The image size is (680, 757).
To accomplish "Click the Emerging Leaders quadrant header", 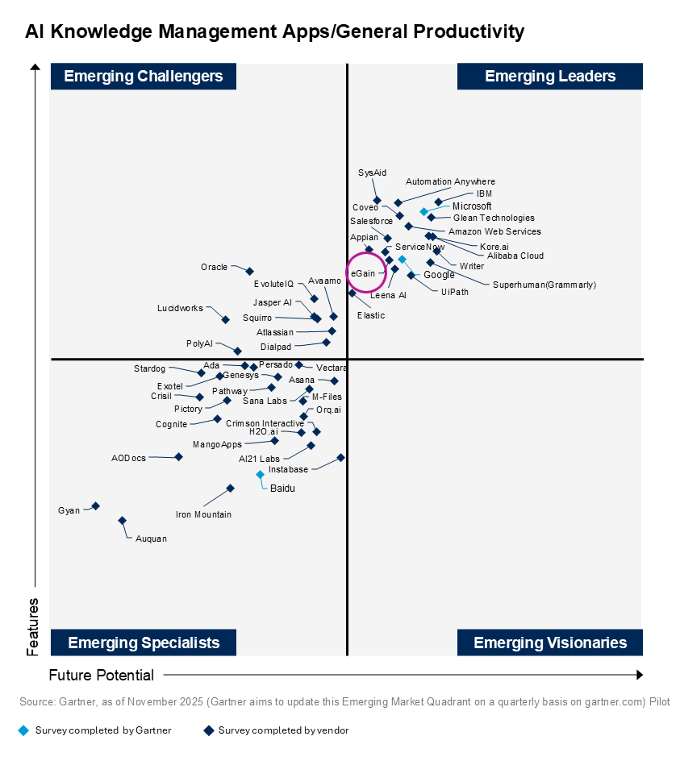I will click(x=550, y=77).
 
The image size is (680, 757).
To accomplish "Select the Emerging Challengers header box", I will click(x=144, y=77).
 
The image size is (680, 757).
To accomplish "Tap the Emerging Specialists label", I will click(x=144, y=643).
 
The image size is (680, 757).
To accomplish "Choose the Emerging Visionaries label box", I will click(x=550, y=643).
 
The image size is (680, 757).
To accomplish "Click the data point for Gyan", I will click(x=95, y=505).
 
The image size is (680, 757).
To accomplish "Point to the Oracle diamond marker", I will click(x=249, y=271).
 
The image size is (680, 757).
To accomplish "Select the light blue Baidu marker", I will click(x=260, y=475).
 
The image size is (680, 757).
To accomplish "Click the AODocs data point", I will click(x=178, y=456).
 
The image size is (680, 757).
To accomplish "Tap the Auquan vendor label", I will click(x=151, y=539).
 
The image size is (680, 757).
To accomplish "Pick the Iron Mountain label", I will click(x=203, y=514).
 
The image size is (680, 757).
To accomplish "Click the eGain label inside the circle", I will click(x=362, y=274).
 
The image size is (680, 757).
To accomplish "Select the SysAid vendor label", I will click(x=372, y=173).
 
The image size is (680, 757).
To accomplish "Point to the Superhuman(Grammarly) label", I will click(x=544, y=285).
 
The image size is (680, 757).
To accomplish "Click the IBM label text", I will click(x=484, y=194).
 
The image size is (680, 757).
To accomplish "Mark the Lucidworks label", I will click(x=180, y=308).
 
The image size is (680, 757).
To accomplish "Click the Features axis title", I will click(x=32, y=626).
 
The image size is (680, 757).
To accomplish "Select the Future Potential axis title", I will click(x=101, y=675).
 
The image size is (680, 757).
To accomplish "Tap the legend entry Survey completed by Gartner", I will click(x=103, y=730).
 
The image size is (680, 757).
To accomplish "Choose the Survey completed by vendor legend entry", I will click(x=283, y=730).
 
